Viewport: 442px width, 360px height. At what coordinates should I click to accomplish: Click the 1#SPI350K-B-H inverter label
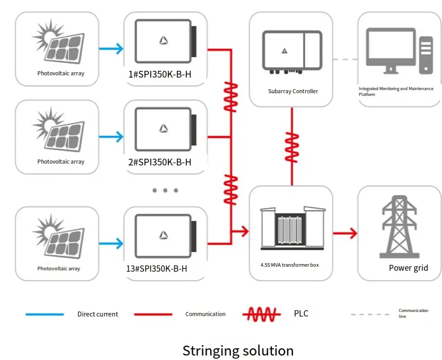(x=160, y=74)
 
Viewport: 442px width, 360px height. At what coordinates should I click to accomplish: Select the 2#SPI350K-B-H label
(x=160, y=162)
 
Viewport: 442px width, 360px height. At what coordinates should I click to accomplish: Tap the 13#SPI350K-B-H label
(x=157, y=269)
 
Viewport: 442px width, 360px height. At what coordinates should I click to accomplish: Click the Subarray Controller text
(x=293, y=91)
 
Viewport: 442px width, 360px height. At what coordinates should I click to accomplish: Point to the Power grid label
(x=408, y=268)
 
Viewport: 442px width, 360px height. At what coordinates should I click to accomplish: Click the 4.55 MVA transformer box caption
(x=289, y=265)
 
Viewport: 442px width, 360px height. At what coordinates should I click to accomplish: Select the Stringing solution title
(x=238, y=350)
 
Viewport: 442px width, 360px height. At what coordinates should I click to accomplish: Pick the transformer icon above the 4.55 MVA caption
(x=289, y=229)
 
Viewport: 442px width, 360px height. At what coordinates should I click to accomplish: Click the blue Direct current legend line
(x=44, y=314)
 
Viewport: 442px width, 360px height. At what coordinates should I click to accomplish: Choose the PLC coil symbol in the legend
(x=262, y=314)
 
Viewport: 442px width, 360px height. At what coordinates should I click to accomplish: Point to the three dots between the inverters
(x=165, y=191)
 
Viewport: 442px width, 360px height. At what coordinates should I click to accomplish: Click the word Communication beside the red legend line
(x=206, y=314)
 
